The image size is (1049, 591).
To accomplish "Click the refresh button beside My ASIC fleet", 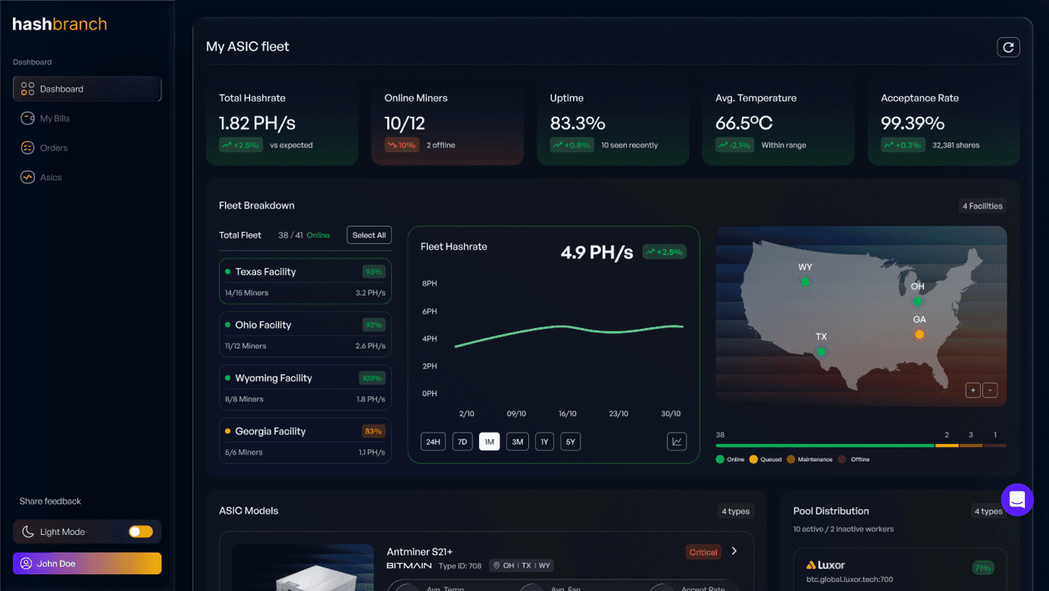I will click(x=1008, y=47).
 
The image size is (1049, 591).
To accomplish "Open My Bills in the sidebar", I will click(x=55, y=118).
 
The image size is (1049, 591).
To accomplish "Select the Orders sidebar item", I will click(x=54, y=148).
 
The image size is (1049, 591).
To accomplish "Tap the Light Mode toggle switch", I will click(x=140, y=532).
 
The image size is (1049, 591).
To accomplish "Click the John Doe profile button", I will click(x=87, y=564).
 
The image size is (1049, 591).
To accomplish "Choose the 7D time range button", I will click(x=462, y=442).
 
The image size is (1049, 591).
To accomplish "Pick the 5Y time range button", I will click(x=570, y=442).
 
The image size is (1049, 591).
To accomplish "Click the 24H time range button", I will click(x=433, y=442).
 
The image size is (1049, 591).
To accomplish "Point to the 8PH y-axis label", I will click(x=429, y=283).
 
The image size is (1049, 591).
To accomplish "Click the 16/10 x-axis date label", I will click(x=567, y=414).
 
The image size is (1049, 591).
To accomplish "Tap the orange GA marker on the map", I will click(x=919, y=334).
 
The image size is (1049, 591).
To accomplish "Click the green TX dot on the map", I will click(x=821, y=352).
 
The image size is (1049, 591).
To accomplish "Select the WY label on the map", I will click(x=805, y=267).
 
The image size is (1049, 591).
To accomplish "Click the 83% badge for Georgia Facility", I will click(x=373, y=431).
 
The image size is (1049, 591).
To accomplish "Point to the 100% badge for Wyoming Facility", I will click(x=372, y=378).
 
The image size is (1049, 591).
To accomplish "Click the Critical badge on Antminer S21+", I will click(x=703, y=552).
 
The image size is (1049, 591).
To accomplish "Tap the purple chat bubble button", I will click(x=1017, y=500).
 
